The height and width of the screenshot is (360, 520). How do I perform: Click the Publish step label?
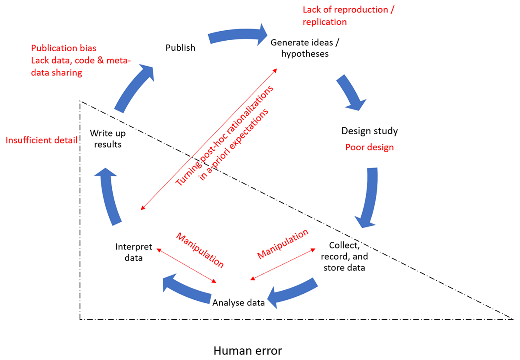(180, 48)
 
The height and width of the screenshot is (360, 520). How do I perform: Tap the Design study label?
(370, 131)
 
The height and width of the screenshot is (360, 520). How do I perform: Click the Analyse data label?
(238, 302)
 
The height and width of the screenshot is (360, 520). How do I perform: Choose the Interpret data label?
(134, 252)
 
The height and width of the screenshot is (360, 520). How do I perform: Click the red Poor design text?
(370, 147)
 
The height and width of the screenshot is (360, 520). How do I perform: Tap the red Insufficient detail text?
(42, 140)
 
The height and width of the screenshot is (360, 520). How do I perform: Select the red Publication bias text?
(64, 48)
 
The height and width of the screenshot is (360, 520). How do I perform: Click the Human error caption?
(248, 350)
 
